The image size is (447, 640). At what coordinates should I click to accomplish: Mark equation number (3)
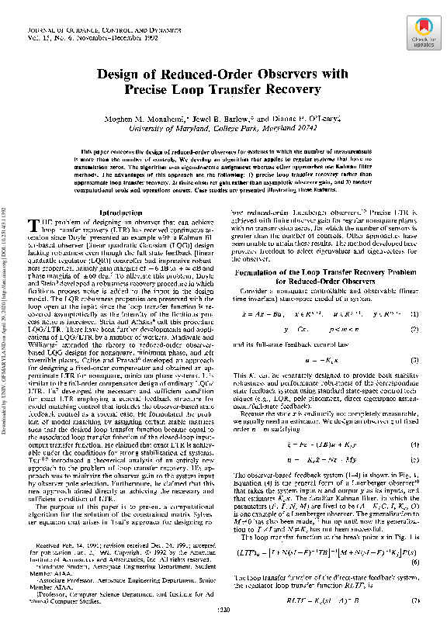tap(415, 339)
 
